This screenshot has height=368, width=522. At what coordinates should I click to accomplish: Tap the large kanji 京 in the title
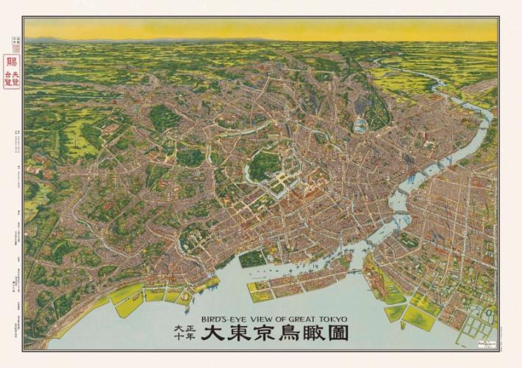(x=268, y=333)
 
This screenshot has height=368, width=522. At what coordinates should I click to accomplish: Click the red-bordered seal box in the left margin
(x=12, y=71)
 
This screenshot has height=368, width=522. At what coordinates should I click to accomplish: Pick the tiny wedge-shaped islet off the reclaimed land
(x=402, y=325)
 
